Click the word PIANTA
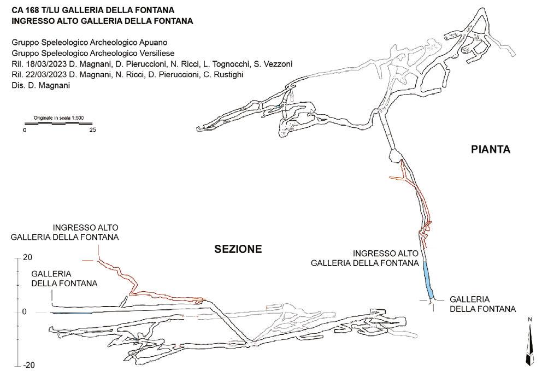pyautogui.click(x=490, y=149)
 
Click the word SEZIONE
pyautogui.click(x=238, y=249)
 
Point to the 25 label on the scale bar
pyautogui.click(x=92, y=130)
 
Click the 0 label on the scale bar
pyautogui.click(x=25, y=130)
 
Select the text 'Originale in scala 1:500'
pyautogui.click(x=58, y=117)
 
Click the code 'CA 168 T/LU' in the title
pyautogui.click(x=34, y=10)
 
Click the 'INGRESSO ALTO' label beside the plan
pyautogui.click(x=386, y=254)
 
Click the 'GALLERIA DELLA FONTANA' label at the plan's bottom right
pyautogui.click(x=482, y=304)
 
